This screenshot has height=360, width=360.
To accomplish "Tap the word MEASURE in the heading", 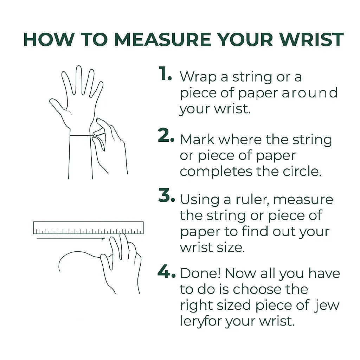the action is (x=162, y=39).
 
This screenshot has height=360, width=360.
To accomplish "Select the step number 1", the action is (x=165, y=73).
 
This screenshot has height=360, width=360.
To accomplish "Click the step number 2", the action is (x=166, y=135).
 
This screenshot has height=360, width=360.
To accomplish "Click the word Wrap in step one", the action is (x=198, y=77).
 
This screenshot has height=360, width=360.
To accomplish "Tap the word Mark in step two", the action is (x=197, y=140).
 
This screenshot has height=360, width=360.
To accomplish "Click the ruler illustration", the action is (x=88, y=228).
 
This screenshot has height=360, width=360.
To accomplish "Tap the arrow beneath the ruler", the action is (x=71, y=239).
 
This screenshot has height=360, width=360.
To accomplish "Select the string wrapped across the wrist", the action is (x=82, y=136).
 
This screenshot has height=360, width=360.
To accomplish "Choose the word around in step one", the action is (x=310, y=93).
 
